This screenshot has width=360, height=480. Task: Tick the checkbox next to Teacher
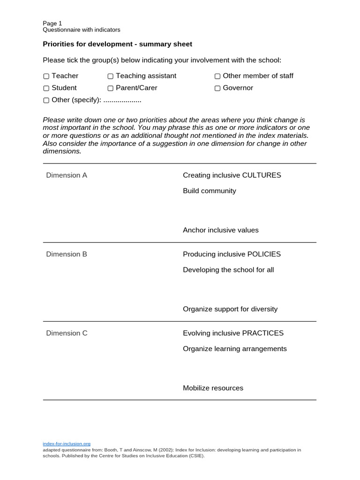(x=46, y=76)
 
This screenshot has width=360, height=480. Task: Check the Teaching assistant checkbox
(x=110, y=76)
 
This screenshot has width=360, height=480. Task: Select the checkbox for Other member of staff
(x=217, y=76)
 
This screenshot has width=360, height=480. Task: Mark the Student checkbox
(x=46, y=88)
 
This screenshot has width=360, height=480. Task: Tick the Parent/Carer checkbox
(x=110, y=88)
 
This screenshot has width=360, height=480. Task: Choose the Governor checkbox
(x=217, y=88)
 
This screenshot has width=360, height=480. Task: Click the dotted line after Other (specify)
(x=122, y=100)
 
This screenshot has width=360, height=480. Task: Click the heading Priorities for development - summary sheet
(x=117, y=44)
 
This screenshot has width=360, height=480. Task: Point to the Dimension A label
(x=67, y=175)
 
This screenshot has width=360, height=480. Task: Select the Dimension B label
(x=67, y=254)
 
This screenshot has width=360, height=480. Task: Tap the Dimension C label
(x=67, y=333)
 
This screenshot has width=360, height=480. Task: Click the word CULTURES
(x=261, y=175)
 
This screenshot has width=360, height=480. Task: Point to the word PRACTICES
(x=262, y=333)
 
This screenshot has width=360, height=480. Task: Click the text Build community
(x=209, y=191)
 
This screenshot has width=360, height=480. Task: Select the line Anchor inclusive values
(x=220, y=230)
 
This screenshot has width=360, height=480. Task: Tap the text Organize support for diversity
(x=230, y=309)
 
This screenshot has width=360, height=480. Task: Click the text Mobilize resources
(x=213, y=388)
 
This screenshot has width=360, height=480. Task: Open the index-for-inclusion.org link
(x=66, y=443)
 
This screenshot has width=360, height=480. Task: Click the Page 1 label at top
(x=52, y=23)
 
